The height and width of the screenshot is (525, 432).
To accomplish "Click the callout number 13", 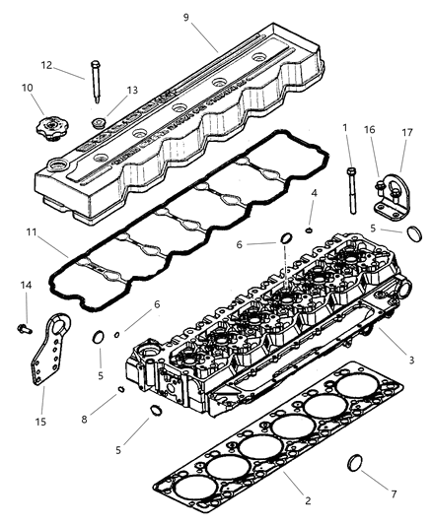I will (x=132, y=90).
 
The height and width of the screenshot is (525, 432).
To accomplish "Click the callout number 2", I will (x=308, y=501).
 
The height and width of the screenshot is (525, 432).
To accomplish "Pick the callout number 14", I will (x=26, y=286).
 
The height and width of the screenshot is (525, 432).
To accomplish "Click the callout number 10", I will (x=29, y=88).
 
